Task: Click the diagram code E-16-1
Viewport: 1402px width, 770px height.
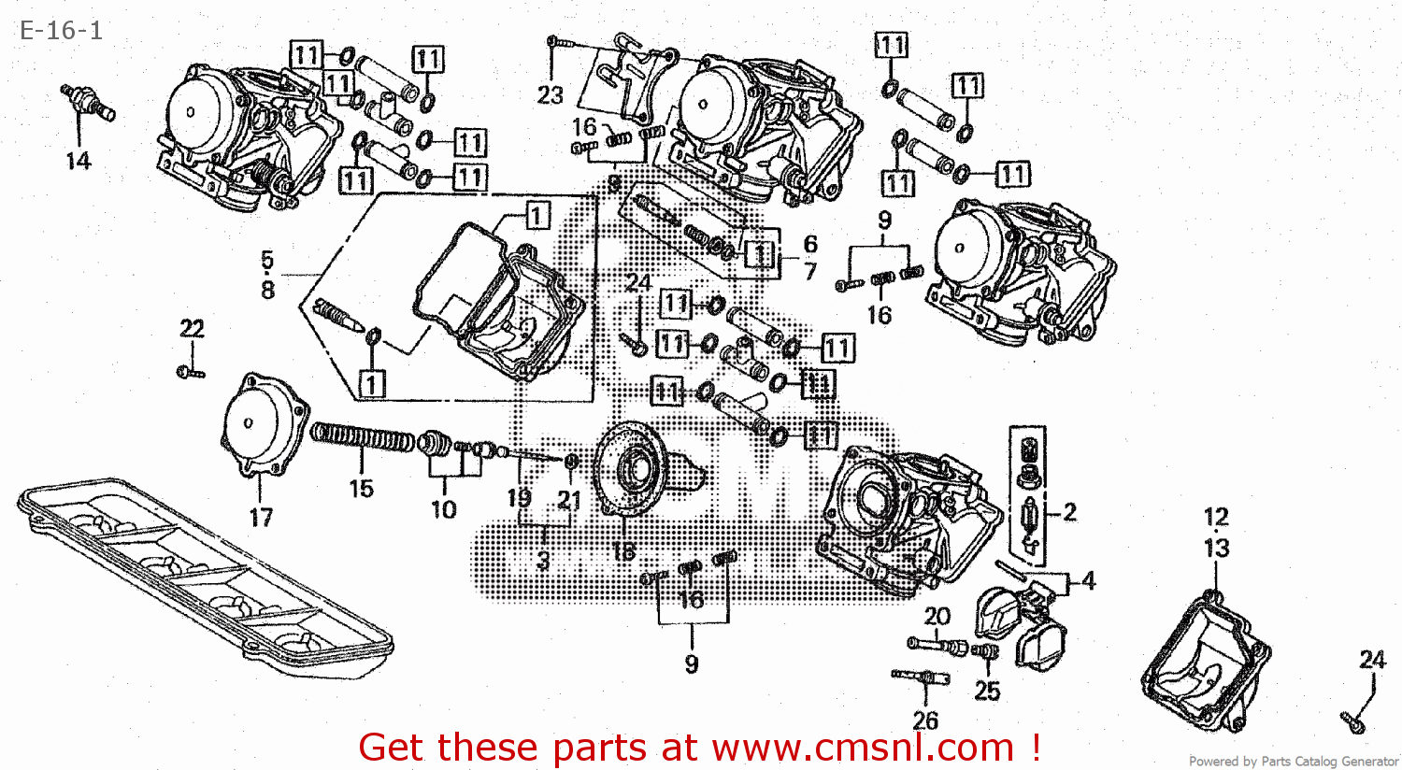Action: pos(61,30)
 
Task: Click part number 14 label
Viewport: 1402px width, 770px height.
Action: pos(79,161)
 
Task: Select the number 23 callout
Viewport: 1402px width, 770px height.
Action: pos(551,94)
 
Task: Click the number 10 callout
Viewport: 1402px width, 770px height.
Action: pos(444,509)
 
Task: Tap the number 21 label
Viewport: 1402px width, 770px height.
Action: pos(569,500)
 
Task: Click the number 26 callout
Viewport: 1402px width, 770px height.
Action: pos(925,720)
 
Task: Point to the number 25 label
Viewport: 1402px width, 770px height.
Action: pos(987,691)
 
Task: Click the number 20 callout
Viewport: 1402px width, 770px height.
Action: pos(937,616)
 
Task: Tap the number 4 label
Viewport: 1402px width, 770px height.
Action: pos(1088,580)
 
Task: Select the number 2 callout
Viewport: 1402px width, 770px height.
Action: pos(1069,511)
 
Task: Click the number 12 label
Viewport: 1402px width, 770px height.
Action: pos(1216,517)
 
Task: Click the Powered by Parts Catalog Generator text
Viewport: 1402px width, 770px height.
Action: pos(1293,762)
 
